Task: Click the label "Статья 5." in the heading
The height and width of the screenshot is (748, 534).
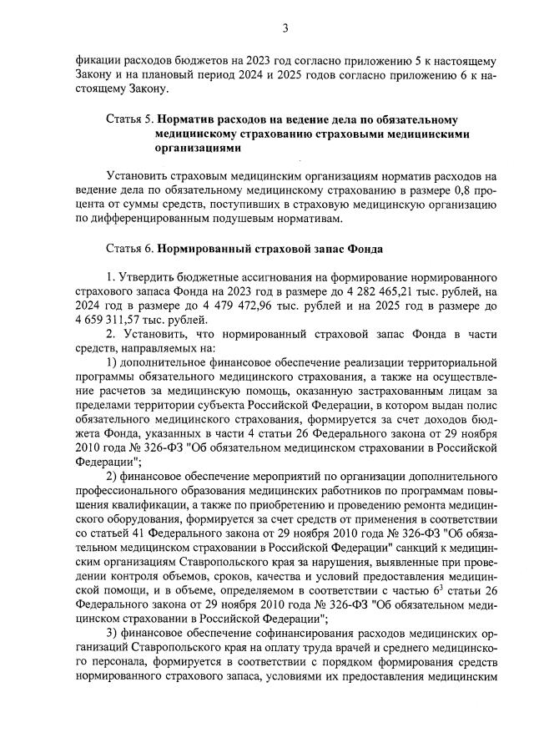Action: (x=129, y=120)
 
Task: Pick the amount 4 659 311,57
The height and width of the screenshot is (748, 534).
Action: (x=107, y=319)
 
